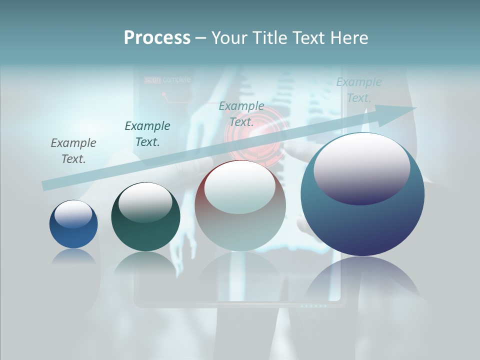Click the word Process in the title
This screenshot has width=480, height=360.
[x=157, y=37]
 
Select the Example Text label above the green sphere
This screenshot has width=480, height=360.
[x=147, y=134]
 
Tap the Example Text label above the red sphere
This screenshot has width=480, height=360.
[x=241, y=113]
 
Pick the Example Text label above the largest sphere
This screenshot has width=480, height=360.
[x=359, y=90]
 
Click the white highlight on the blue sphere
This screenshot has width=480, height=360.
[x=73, y=214]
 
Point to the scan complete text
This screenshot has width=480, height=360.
[x=167, y=79]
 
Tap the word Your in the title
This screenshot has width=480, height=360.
[x=231, y=37]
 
